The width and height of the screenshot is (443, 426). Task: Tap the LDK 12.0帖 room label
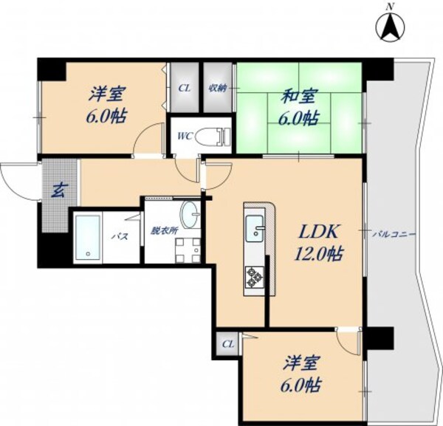tap(318, 241)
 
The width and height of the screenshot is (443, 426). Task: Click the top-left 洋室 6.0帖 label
tap(107, 106)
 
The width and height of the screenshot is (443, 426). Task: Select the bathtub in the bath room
tap(89, 236)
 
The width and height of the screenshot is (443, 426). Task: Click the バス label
tap(118, 236)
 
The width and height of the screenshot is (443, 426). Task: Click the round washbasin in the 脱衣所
tap(190, 213)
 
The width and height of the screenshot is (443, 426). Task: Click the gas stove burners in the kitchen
tap(255, 277)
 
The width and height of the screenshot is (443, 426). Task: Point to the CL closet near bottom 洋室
tap(227, 344)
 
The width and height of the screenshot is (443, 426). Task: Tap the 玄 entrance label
tap(57, 190)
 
